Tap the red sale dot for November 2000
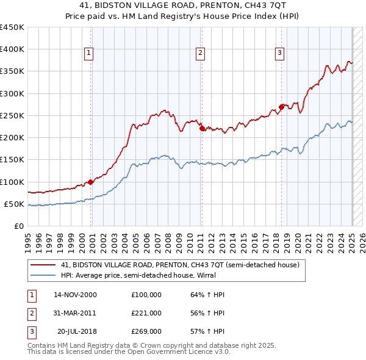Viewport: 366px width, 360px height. [x=90, y=182]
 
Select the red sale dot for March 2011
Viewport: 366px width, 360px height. [x=202, y=128]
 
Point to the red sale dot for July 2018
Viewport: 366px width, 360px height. [x=281, y=107]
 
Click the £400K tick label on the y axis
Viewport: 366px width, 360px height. [x=12, y=49]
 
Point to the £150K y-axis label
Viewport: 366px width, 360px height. [x=12, y=160]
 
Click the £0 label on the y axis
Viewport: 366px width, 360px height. [x=18, y=226]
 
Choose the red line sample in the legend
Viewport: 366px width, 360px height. [x=43, y=265]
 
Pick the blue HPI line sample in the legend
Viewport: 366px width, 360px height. [x=43, y=275]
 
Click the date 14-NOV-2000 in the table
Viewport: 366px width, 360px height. [x=75, y=295]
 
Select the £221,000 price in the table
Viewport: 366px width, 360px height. [x=146, y=313]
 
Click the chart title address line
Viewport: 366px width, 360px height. [x=183, y=5]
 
